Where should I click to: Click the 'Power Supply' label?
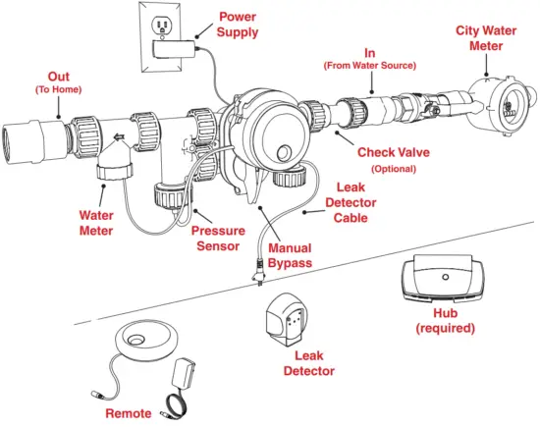[x=238, y=25]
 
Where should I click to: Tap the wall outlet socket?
[x=162, y=26]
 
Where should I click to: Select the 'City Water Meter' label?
[x=486, y=38]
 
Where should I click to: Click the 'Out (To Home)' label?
[x=59, y=82]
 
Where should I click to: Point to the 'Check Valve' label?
[x=394, y=152]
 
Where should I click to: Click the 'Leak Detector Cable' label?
[x=351, y=202]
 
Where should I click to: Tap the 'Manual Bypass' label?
[x=290, y=255]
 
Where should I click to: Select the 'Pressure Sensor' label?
[x=218, y=238]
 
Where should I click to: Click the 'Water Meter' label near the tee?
[x=96, y=223]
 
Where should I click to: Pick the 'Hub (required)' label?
[x=446, y=321]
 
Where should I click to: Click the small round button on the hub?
[x=446, y=277]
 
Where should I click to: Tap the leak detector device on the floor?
[x=287, y=320]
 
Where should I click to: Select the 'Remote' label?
[x=129, y=413]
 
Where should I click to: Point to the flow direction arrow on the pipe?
[x=119, y=137]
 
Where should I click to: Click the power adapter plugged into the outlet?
[x=175, y=48]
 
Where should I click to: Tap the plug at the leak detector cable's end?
[x=257, y=273]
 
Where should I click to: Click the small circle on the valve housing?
[x=285, y=152]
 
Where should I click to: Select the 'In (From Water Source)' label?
[x=370, y=59]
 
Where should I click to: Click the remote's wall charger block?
[x=184, y=374]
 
